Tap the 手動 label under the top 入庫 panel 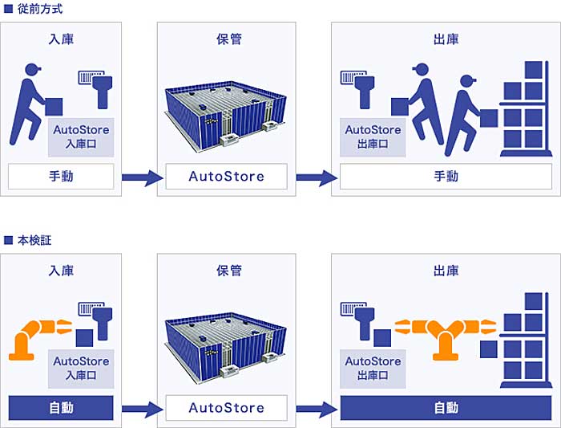(x=61, y=176)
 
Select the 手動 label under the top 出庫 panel (x=446, y=176)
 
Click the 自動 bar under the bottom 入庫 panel (x=61, y=408)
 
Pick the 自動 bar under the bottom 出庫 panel (x=446, y=408)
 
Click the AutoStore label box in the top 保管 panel (x=226, y=176)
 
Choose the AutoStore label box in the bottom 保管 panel (x=226, y=408)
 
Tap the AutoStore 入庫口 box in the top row (x=81, y=137)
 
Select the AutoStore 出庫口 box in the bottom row (x=373, y=369)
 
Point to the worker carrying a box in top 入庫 (x=32, y=103)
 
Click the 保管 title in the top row (x=226, y=38)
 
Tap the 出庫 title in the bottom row (x=446, y=271)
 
